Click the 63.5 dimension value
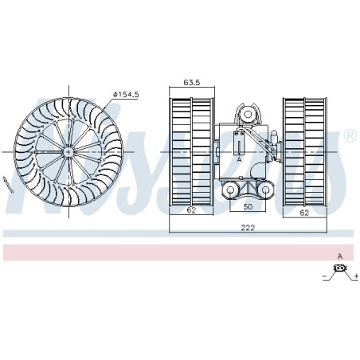pyautogui.click(x=192, y=82)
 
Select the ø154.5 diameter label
pyautogui.click(x=126, y=95)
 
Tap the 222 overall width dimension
pyautogui.click(x=248, y=228)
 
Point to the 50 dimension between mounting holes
pyautogui.click(x=248, y=206)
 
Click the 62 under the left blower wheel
pyautogui.click(x=191, y=210)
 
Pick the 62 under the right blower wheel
pyautogui.click(x=304, y=213)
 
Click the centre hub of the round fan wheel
pyautogui.click(x=68, y=152)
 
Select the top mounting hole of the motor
pyautogui.click(x=248, y=115)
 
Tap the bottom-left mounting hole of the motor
pyautogui.click(x=230, y=190)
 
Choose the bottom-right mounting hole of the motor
pyautogui.click(x=265, y=190)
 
